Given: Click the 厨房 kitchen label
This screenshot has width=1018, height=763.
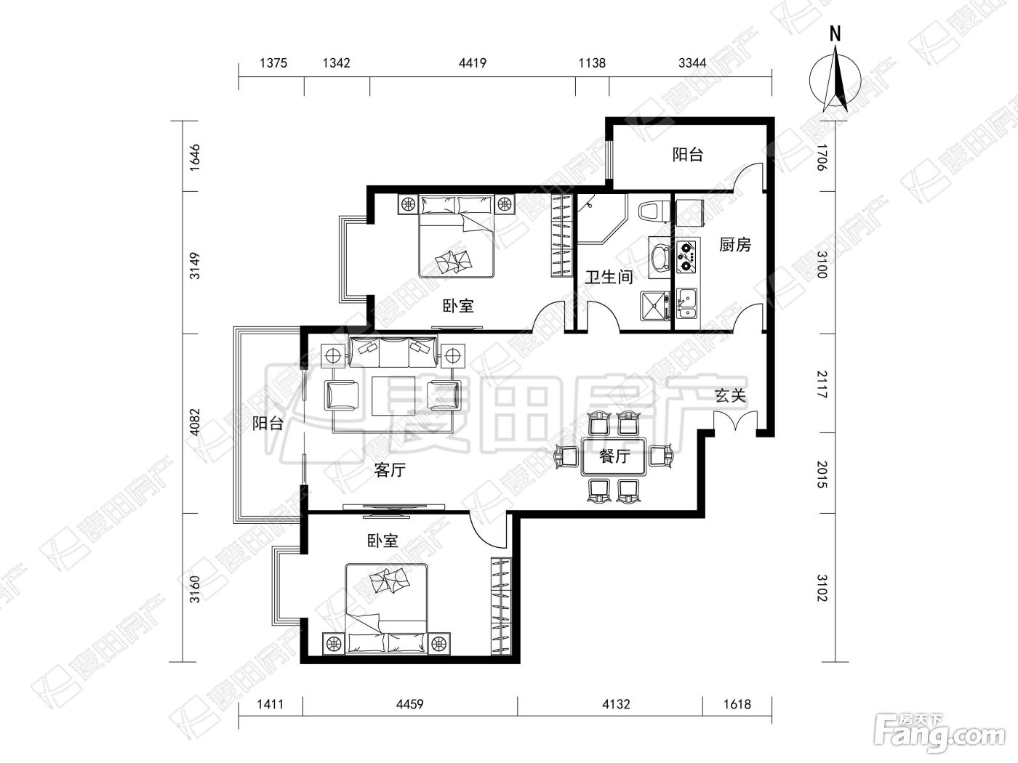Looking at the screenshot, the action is pyautogui.click(x=734, y=244).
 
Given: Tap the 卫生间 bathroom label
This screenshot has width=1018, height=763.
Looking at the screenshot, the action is pyautogui.click(x=609, y=277).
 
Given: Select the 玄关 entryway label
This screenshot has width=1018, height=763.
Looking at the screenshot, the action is pyautogui.click(x=730, y=395).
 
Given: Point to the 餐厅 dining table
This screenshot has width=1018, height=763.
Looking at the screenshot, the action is pyautogui.click(x=614, y=456).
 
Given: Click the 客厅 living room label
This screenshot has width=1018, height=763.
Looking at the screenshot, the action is pyautogui.click(x=390, y=470).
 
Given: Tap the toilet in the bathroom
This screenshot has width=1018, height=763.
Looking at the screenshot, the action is pyautogui.click(x=654, y=211).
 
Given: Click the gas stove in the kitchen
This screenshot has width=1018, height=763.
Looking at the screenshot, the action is pyautogui.click(x=687, y=257).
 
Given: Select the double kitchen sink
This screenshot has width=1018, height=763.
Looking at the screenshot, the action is pyautogui.click(x=686, y=304).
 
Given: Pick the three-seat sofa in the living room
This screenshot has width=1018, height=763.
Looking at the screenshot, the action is pyautogui.click(x=393, y=352).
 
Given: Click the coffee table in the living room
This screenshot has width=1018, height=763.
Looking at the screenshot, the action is pyautogui.click(x=393, y=395).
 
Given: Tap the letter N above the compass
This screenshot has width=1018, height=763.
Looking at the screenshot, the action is pyautogui.click(x=835, y=35).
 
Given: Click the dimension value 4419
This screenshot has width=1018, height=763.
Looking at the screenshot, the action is pyautogui.click(x=473, y=62).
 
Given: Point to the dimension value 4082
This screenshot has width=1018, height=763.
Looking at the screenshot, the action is pyautogui.click(x=195, y=422).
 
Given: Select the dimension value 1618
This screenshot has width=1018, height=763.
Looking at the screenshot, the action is pyautogui.click(x=737, y=705).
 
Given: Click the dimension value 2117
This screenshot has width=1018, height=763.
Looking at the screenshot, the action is pyautogui.click(x=822, y=384).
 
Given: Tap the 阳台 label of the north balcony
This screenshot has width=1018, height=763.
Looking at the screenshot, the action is pyautogui.click(x=688, y=154).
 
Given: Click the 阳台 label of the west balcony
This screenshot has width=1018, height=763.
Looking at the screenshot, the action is pyautogui.click(x=268, y=423).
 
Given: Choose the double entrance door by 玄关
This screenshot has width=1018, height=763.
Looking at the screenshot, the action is pyautogui.click(x=736, y=421).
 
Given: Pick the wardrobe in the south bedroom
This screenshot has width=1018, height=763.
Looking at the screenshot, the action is pyautogui.click(x=501, y=607).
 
